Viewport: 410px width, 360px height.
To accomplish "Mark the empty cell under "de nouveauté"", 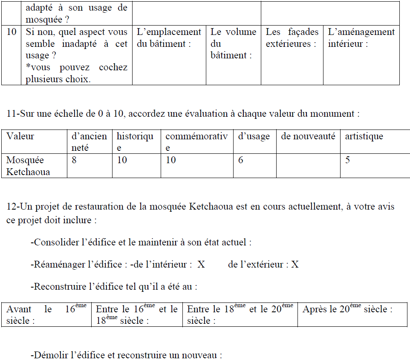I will [308, 166].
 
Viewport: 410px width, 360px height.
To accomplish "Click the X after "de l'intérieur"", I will [201, 265].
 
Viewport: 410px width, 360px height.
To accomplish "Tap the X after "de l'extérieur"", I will [295, 265].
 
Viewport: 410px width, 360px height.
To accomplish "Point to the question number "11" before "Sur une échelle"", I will [12, 114].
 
